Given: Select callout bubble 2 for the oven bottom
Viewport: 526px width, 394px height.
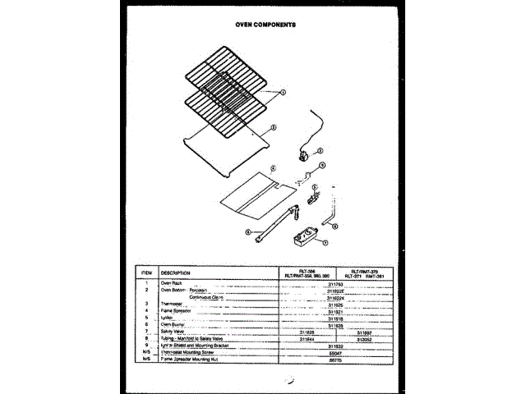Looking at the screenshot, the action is point(273,128).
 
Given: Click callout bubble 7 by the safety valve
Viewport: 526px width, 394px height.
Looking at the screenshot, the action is point(325,244).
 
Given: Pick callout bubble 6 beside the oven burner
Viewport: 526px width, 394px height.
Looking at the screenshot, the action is point(247,232).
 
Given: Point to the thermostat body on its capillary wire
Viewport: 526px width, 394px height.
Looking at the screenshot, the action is point(305,153).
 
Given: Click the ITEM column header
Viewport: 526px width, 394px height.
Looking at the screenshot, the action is point(147,273).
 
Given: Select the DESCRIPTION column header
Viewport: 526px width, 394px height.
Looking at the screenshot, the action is point(176,273).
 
